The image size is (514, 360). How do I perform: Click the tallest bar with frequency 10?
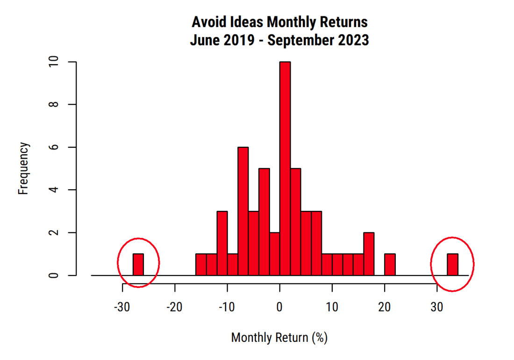point(285,168)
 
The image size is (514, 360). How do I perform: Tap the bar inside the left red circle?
point(138,265)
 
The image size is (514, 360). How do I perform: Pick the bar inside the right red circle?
point(452,265)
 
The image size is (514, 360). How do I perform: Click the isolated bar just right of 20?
point(390,265)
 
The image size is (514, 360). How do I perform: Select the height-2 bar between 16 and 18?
point(369,254)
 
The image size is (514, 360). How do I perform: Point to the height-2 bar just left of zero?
point(274,254)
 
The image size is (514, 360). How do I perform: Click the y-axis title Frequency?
point(24,169)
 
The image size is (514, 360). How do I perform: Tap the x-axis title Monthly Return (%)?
point(279,338)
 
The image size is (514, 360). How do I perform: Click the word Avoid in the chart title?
point(207,22)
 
